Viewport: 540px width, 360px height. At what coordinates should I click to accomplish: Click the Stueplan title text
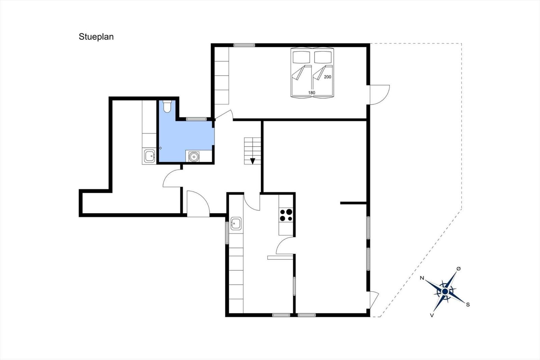(96, 36)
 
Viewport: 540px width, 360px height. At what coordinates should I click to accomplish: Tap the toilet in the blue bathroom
(167, 106)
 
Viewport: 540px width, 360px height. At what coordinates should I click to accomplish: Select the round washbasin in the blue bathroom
(194, 157)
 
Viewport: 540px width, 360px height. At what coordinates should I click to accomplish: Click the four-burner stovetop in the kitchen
(286, 215)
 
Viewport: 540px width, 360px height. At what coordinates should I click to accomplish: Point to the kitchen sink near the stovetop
(236, 223)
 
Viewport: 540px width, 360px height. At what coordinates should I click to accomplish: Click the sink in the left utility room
(149, 156)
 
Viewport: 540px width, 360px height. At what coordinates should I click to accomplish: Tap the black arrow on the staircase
(253, 161)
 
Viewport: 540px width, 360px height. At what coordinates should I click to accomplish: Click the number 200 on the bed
(327, 77)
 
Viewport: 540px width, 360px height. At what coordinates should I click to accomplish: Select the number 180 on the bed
(312, 93)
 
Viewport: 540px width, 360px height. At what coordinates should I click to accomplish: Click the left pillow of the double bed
(301, 57)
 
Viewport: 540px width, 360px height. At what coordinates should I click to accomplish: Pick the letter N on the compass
(422, 278)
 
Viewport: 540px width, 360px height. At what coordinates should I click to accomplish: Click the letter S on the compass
(468, 305)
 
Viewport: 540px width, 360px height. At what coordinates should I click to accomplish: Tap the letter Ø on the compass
(458, 268)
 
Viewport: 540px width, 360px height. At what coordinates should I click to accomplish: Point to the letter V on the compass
(432, 315)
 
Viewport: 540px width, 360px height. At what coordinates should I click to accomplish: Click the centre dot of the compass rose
(445, 291)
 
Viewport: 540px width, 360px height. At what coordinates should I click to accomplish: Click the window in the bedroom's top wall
(244, 45)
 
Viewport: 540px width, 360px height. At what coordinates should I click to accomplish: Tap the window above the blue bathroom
(196, 119)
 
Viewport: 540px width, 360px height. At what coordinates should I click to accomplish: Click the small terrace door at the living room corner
(374, 300)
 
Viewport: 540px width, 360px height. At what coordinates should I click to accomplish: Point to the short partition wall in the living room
(353, 203)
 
